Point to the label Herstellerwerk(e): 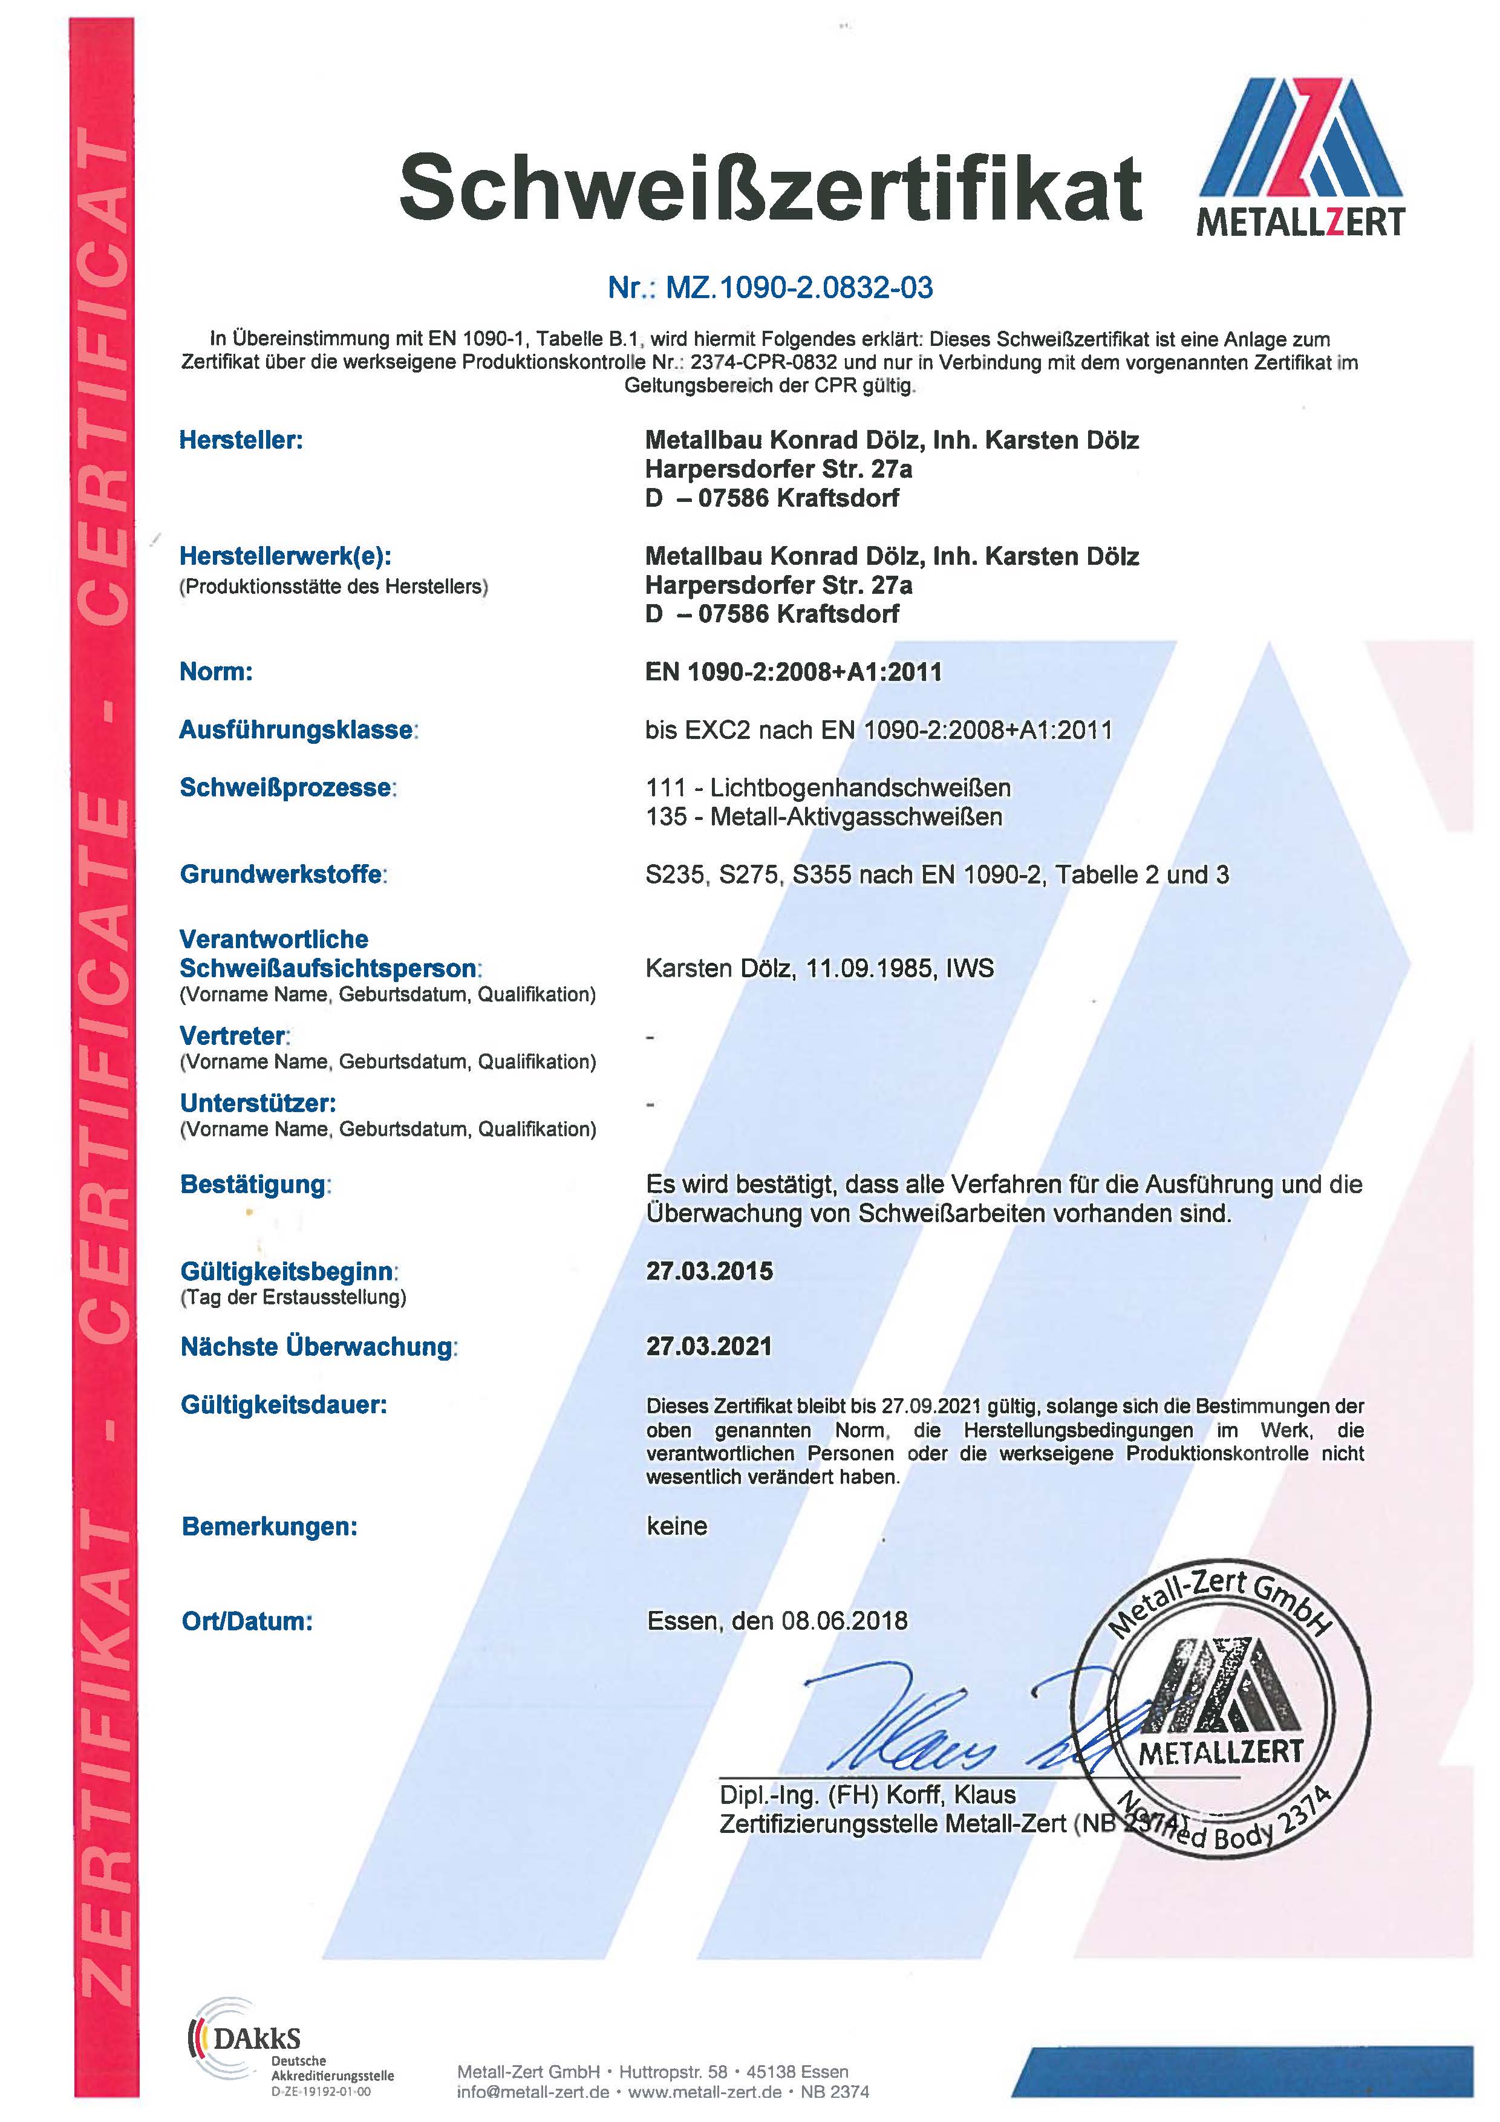pyautogui.click(x=285, y=556)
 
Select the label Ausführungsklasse pyautogui.click(x=296, y=730)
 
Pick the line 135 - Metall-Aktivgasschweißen pyautogui.click(x=823, y=817)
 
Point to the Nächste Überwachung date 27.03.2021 pyautogui.click(x=709, y=1347)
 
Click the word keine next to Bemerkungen pyautogui.click(x=677, y=1526)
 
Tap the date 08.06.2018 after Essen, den pyautogui.click(x=844, y=1621)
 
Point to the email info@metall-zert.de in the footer pyautogui.click(x=533, y=2092)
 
